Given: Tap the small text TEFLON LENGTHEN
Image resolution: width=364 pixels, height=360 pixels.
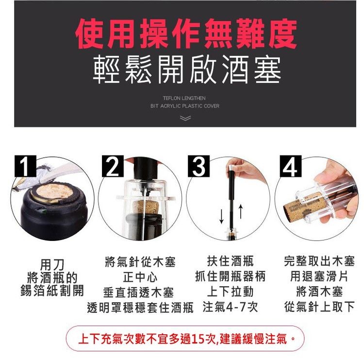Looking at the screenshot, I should click(x=184, y=99).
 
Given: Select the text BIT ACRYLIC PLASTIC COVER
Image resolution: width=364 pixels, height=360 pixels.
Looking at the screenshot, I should click(x=184, y=106).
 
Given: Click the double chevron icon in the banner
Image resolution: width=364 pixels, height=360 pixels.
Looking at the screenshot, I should click(x=184, y=118).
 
